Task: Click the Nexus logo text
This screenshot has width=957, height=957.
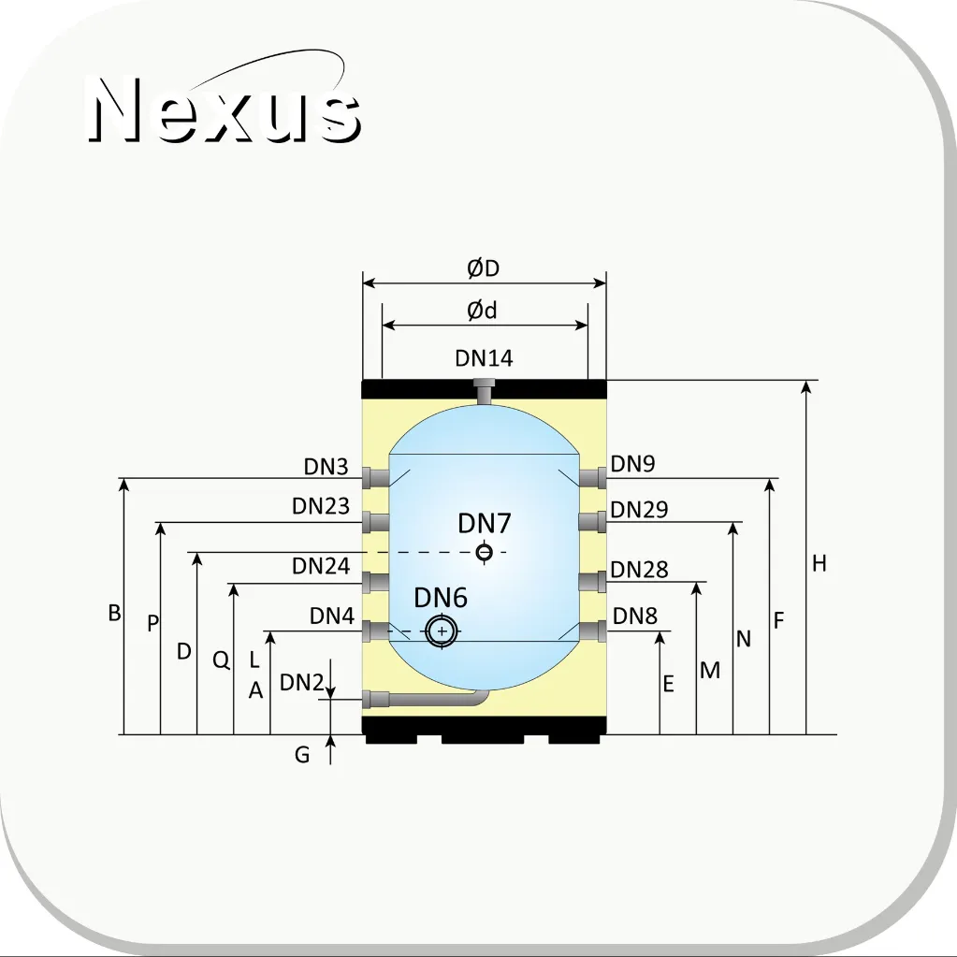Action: coord(225,109)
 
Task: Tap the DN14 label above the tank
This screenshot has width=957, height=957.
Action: coord(484,358)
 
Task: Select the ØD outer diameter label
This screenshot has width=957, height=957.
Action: coord(484,268)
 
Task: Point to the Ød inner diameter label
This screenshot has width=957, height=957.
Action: coord(482,311)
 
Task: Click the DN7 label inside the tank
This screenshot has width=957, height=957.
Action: coord(485,523)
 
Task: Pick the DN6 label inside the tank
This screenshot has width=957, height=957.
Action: coord(441,598)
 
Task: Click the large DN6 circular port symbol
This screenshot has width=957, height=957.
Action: coord(442,631)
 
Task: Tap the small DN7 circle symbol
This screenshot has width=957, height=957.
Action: coord(484,552)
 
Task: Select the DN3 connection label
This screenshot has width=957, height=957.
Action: coord(326,467)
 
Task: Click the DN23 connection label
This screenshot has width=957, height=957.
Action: coord(321,506)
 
